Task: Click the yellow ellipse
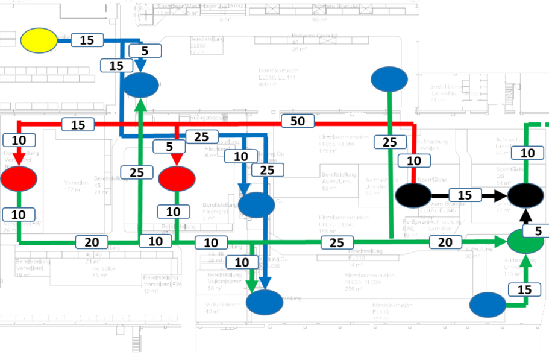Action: point(39,40)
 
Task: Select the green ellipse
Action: point(525,241)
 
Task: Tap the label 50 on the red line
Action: point(297,121)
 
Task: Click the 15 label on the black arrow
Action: point(464,195)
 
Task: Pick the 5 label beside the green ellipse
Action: point(538,230)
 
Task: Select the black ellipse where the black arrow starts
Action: point(413,195)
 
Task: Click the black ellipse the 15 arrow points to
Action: point(526,195)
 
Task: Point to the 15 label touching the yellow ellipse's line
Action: point(87,40)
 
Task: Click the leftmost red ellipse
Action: point(19,178)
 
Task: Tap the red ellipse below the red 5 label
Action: point(177,178)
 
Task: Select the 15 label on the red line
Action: point(78,125)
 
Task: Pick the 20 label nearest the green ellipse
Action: point(445,242)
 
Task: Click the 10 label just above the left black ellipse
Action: point(414,161)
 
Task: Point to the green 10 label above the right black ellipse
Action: point(527,153)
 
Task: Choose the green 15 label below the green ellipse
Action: point(524,289)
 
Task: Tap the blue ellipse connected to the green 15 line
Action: point(487,306)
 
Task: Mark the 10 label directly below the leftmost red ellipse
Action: point(18,214)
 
